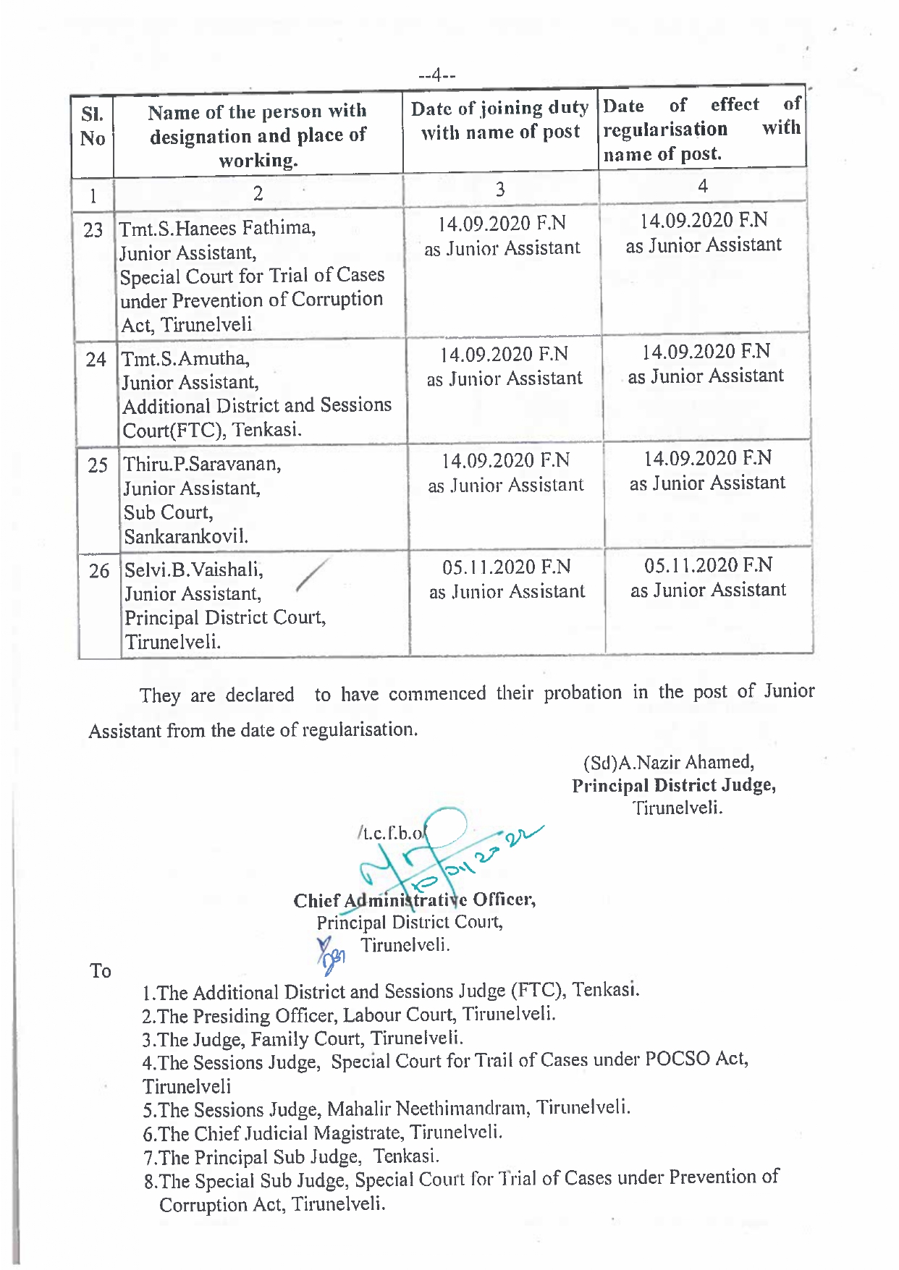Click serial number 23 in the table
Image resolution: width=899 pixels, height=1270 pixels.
(93, 231)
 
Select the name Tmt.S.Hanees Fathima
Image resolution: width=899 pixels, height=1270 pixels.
(217, 229)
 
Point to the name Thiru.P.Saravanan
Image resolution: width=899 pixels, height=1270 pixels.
(202, 464)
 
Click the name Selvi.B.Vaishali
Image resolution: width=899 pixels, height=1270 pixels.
(193, 570)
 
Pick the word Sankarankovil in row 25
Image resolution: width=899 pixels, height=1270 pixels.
(186, 537)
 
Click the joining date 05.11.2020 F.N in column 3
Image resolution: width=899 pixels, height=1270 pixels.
(506, 567)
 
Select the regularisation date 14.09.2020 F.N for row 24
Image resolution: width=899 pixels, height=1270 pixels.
(706, 352)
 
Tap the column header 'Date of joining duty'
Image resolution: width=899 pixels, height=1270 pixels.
(499, 109)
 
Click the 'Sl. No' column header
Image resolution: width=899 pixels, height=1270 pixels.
(93, 127)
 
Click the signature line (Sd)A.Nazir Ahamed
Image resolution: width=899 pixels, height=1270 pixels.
(668, 763)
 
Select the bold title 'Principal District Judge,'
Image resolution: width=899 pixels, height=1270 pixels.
(673, 786)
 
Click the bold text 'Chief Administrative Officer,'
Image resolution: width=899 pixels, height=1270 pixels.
(414, 900)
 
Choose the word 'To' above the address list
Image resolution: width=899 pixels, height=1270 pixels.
(101, 971)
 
